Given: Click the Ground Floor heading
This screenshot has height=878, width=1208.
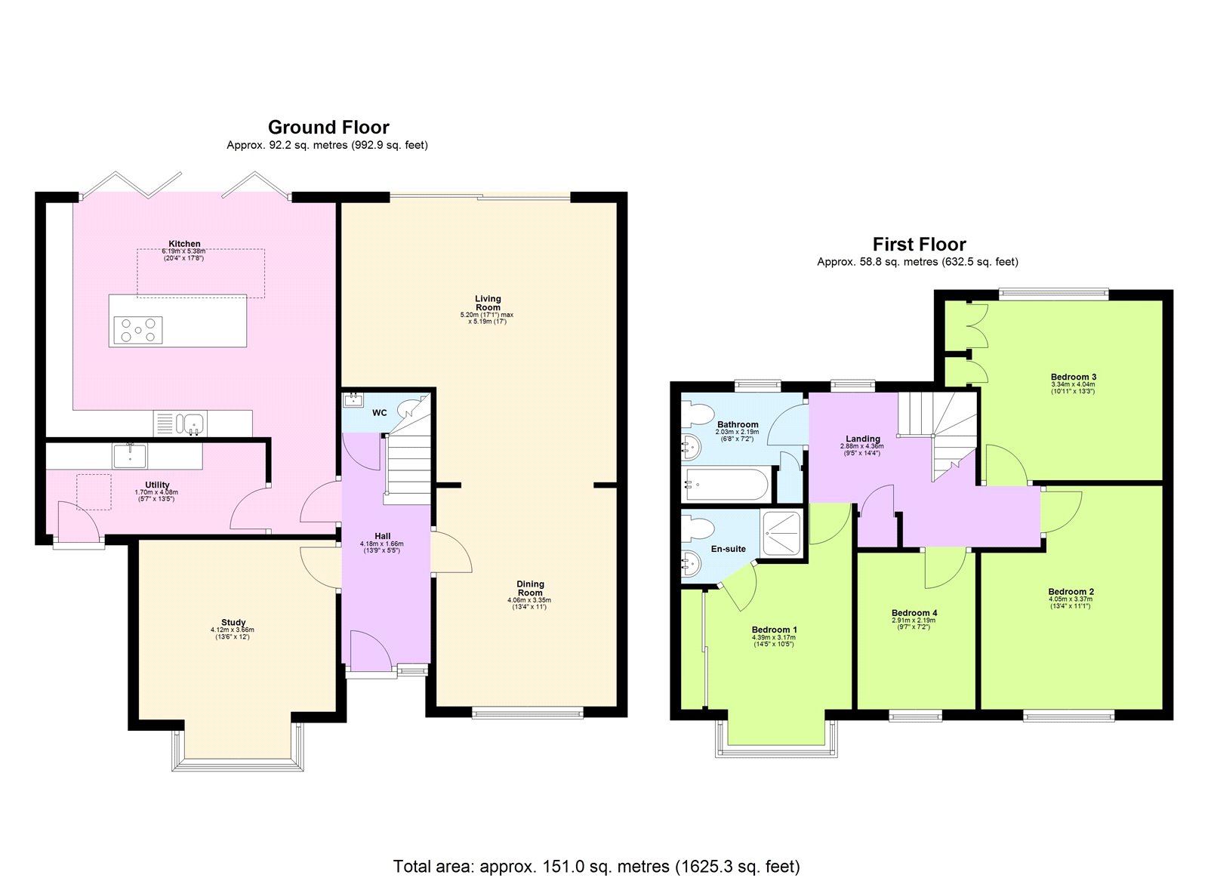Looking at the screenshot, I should click(328, 128).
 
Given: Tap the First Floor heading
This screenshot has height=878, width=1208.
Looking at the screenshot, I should click(919, 244).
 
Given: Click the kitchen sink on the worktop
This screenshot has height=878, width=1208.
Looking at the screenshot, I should click(191, 424).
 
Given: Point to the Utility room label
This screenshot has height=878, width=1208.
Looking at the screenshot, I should click(157, 485).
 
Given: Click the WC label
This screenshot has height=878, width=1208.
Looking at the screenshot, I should click(379, 412).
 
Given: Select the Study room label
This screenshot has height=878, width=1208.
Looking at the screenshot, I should click(233, 623).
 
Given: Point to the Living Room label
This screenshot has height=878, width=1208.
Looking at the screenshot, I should click(488, 303).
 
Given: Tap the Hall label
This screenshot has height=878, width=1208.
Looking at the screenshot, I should click(382, 536).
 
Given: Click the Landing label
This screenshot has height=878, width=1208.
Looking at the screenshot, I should click(862, 439).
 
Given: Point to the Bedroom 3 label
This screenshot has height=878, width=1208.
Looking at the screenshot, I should click(1073, 377).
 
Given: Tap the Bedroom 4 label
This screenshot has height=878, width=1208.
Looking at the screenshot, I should click(914, 613).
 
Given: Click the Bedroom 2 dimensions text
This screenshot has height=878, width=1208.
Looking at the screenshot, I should click(1071, 601).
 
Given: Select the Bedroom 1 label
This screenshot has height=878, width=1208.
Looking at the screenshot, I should click(774, 630).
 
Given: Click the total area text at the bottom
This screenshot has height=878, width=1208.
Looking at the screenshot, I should click(596, 866).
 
